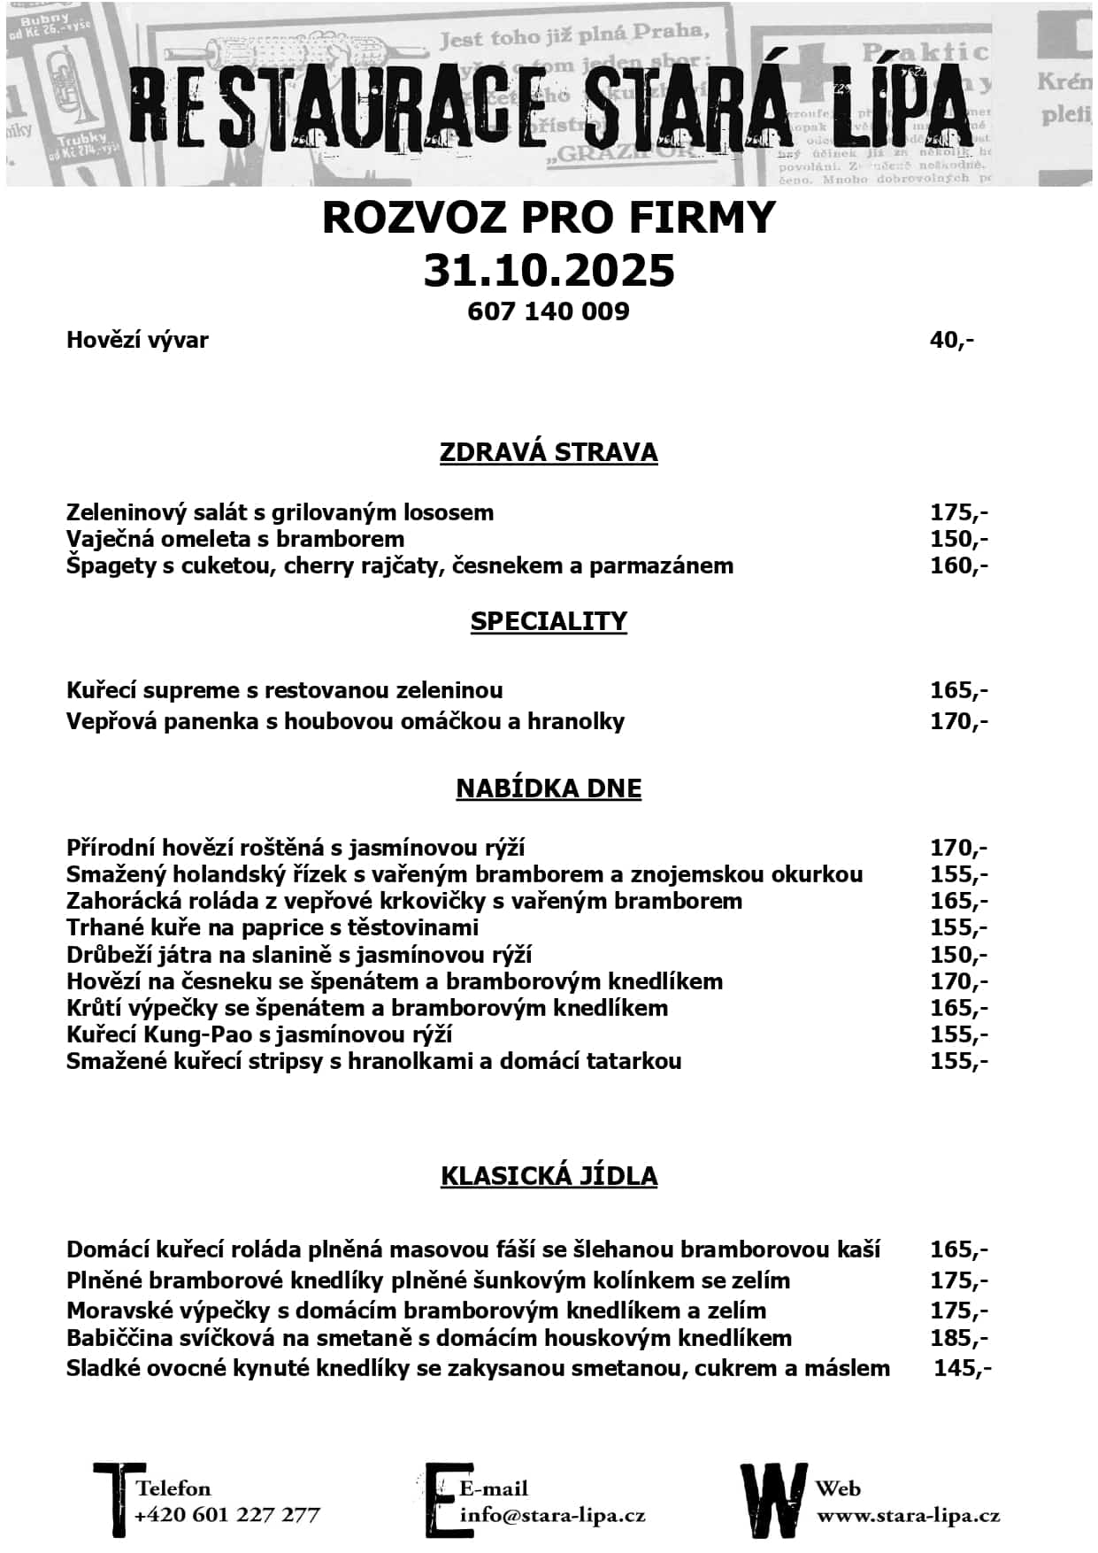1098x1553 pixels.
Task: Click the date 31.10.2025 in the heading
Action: click(549, 270)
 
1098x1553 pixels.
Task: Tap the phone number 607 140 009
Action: click(549, 311)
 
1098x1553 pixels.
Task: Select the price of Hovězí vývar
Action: click(952, 340)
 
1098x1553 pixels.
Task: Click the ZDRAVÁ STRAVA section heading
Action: click(549, 452)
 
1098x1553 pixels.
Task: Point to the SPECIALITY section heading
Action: click(549, 621)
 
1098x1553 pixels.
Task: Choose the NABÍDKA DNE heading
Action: click(549, 788)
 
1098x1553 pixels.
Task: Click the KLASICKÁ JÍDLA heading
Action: click(549, 1176)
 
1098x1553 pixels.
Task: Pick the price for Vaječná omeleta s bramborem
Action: click(959, 539)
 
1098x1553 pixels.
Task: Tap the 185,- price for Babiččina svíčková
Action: click(959, 1338)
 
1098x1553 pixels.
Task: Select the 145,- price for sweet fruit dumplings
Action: click(963, 1368)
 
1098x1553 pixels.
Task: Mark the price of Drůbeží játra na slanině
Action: click(959, 955)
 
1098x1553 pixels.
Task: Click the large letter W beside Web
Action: click(773, 1501)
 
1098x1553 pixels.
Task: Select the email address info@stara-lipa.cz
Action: click(552, 1515)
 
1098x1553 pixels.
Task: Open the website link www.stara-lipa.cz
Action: click(908, 1515)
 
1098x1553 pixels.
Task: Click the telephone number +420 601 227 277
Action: click(227, 1515)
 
